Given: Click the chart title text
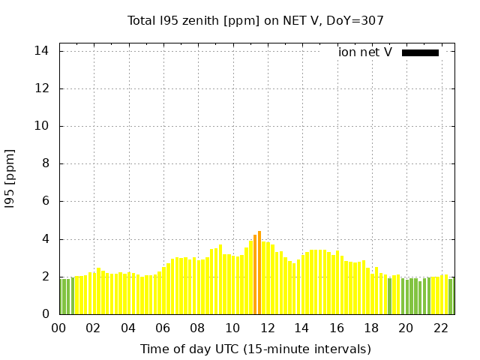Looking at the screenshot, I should (255, 20).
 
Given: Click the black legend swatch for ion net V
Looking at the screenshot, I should (420, 52).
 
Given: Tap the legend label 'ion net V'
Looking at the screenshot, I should (365, 52).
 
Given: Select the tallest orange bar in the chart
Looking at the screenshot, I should (259, 273).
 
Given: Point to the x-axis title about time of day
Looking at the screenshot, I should (255, 349).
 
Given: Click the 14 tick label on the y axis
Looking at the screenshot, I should (42, 51).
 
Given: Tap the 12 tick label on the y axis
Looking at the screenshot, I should (42, 88).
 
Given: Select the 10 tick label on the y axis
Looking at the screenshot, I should (42, 126).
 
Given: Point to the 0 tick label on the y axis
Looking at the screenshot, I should (45, 314).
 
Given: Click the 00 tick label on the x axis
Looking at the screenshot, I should (59, 328).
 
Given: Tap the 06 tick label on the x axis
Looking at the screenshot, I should (163, 328).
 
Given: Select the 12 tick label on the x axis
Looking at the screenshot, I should (267, 328).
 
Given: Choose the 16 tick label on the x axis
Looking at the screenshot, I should (337, 328).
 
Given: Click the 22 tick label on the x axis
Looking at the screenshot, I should (440, 328).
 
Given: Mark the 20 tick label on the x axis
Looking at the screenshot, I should (406, 328).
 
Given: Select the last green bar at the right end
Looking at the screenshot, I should (451, 296).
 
